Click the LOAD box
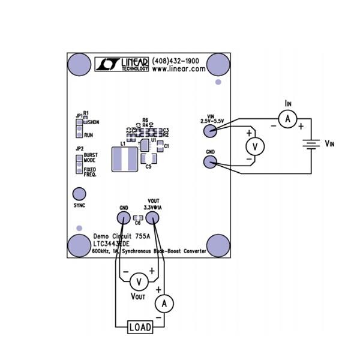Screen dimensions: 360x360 coord(140,327)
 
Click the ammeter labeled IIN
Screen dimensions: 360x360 coord(287,120)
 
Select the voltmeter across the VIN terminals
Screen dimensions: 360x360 coord(255,146)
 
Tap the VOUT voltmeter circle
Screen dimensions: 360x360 coord(139,281)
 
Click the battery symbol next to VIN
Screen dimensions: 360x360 coord(309,145)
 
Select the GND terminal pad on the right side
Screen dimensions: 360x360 coord(210,162)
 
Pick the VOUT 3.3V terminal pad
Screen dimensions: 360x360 coord(154,218)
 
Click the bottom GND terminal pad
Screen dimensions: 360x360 coord(123,218)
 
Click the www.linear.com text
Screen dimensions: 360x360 coord(179,70)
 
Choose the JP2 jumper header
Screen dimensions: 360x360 coord(78,164)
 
